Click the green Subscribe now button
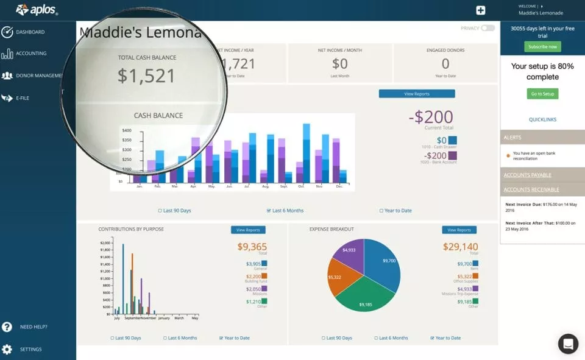point(542,47)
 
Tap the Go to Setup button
point(542,94)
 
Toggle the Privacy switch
point(487,28)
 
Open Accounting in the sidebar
point(31,54)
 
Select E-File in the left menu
point(23,97)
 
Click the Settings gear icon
point(7,349)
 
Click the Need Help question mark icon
point(7,327)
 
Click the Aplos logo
point(37,10)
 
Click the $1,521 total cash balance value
point(146,76)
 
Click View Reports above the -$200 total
point(417,94)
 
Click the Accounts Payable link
point(528,175)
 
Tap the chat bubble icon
point(568,344)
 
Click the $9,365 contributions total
point(252,247)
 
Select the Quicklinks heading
point(542,119)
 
